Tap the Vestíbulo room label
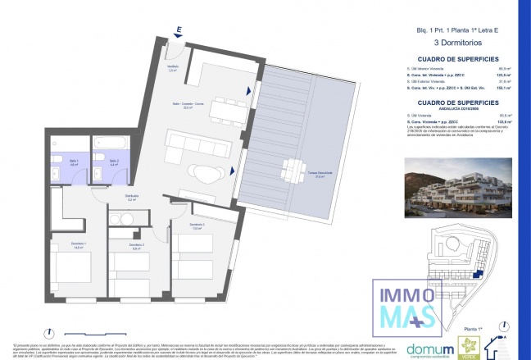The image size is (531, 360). [173, 69]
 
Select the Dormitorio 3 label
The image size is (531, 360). [196, 226]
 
